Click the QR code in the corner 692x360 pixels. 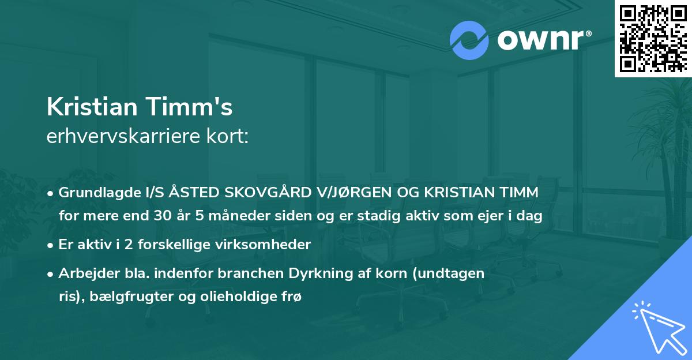[653, 38]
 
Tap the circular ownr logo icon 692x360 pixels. [469, 40]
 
